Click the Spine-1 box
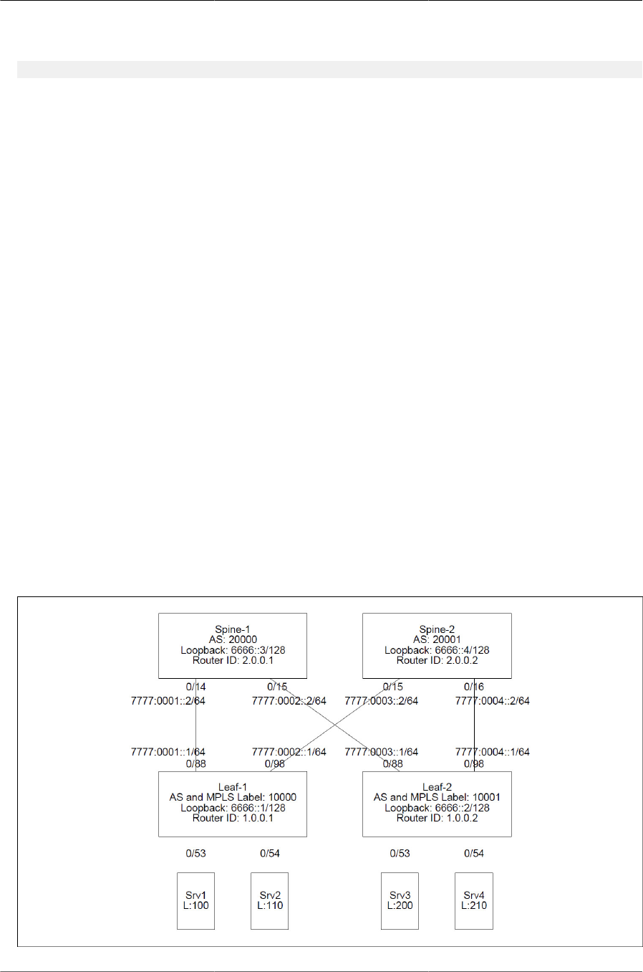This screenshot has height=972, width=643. click(x=232, y=645)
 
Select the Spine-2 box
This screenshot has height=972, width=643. click(x=437, y=645)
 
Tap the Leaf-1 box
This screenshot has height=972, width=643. click(x=232, y=804)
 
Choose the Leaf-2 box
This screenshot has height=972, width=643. click(x=437, y=804)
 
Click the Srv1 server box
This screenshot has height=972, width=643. click(x=195, y=901)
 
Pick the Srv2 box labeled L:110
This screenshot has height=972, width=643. click(x=270, y=901)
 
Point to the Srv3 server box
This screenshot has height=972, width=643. click(x=400, y=901)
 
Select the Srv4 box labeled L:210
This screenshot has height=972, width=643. click(x=474, y=901)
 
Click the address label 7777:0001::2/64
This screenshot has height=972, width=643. click(x=168, y=701)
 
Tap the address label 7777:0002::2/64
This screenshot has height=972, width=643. click(x=289, y=701)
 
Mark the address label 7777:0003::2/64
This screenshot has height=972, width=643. click(x=381, y=701)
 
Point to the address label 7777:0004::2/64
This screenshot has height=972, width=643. click(x=493, y=701)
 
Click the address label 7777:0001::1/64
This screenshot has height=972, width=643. click(x=168, y=752)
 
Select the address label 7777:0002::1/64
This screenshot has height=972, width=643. click(x=289, y=752)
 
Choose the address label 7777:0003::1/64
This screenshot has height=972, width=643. click(x=381, y=752)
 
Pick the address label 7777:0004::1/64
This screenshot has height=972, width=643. click(x=493, y=752)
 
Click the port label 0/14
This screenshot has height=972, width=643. click(x=195, y=687)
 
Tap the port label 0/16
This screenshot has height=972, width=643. click(x=474, y=687)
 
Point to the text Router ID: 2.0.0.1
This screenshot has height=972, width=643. click(x=233, y=660)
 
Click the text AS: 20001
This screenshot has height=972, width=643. click(x=437, y=639)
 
